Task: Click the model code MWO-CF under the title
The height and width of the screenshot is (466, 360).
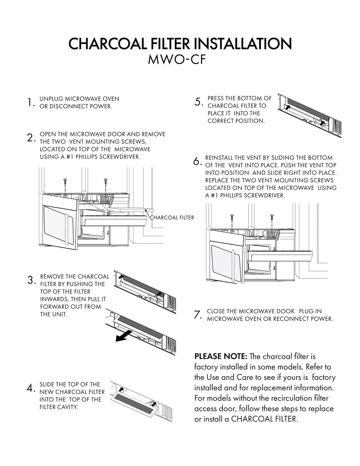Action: coord(177,60)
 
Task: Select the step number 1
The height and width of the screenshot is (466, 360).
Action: coord(29,103)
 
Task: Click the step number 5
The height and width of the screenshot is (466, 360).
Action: coord(198,102)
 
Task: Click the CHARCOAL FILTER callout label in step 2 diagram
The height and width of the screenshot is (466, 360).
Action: coord(172,218)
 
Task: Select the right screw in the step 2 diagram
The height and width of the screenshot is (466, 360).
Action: coord(105,180)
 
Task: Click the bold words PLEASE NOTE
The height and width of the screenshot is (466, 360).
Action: coord(221,356)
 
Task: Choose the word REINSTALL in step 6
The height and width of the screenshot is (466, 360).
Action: coord(219,158)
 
